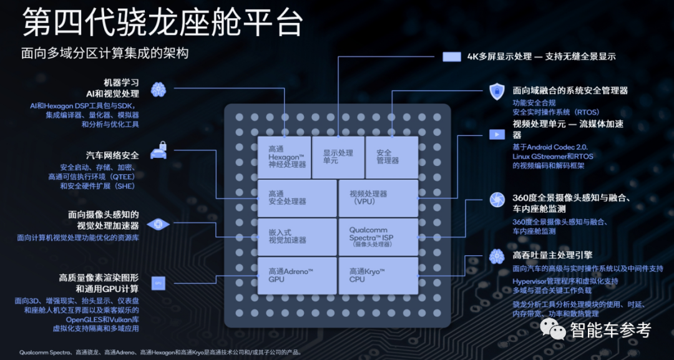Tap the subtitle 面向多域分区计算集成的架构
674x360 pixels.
105,54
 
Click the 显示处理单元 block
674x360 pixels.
338,157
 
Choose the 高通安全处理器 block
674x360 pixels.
296,198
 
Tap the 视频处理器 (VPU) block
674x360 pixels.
378,198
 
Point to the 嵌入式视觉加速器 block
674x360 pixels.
296,236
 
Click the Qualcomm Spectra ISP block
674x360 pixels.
378,236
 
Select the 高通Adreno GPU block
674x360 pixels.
296,275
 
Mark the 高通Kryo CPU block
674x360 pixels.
378,275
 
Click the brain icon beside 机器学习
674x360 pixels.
158,89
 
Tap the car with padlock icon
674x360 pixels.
159,150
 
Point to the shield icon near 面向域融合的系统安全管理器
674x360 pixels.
497,92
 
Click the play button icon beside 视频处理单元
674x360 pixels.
497,134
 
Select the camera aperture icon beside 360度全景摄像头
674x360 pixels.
497,199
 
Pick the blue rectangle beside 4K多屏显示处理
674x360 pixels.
451,57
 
